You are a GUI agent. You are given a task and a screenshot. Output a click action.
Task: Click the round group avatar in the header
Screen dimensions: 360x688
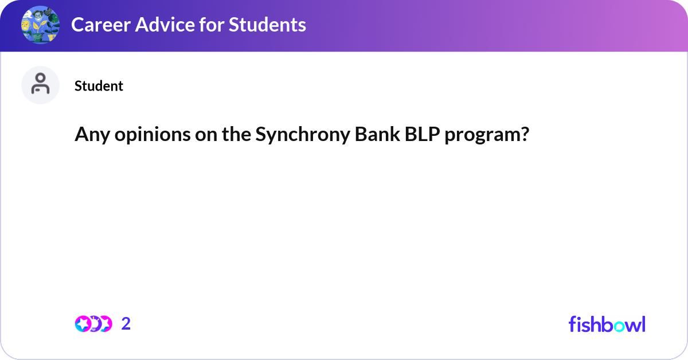pos(40,25)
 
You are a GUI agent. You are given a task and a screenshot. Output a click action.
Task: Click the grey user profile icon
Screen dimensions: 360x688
pos(40,85)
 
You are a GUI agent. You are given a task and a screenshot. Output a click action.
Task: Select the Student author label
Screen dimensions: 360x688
pos(99,86)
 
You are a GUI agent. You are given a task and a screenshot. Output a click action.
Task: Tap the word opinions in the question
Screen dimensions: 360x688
pos(142,135)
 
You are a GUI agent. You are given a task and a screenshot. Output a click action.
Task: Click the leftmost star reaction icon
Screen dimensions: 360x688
pos(83,324)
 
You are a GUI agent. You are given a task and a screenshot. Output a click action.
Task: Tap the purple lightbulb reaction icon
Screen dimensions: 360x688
pos(93,324)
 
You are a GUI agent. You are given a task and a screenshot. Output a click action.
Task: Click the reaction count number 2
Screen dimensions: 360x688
pos(126,324)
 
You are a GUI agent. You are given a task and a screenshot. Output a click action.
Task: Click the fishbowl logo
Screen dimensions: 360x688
pos(607,324)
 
